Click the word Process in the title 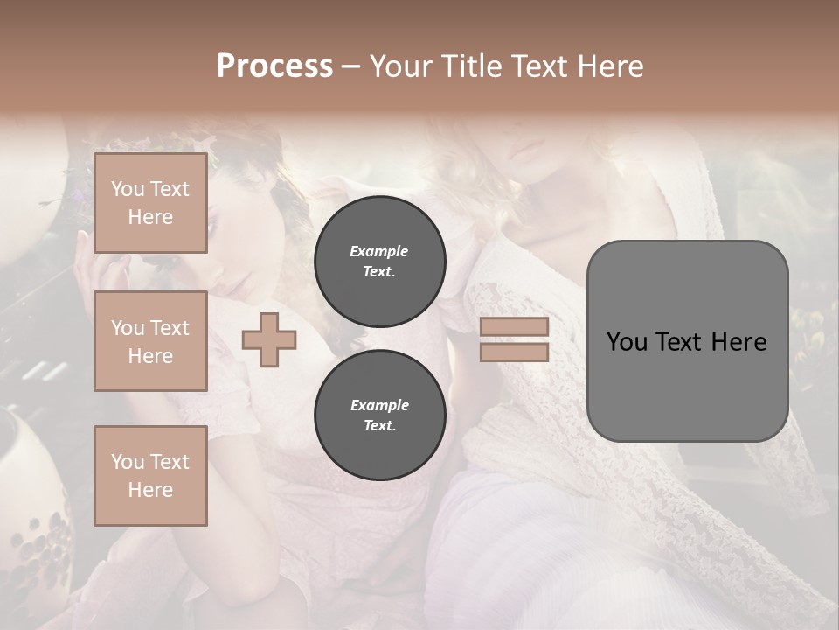coord(274,66)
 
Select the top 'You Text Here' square coord(150,203)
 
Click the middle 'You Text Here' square coord(150,341)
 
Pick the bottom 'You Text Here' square coord(150,475)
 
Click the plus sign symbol coord(269,339)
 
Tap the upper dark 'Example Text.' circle coord(379,261)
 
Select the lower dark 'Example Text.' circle coord(379,415)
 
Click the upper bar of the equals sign coord(514,327)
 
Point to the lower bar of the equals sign coord(514,352)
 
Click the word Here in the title coord(609,66)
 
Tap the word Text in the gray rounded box coord(680,342)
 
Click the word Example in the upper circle coord(379,251)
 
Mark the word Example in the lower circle coord(379,405)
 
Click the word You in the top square coord(128,189)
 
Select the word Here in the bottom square coord(150,490)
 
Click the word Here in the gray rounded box coord(738,342)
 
